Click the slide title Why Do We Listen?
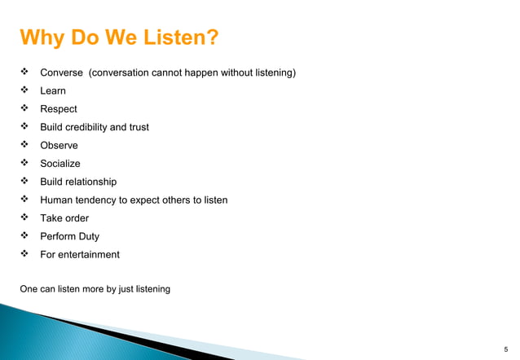tap(119, 38)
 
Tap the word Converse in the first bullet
tap(61, 73)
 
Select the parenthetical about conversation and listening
tap(192, 73)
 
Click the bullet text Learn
tap(53, 91)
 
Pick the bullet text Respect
tap(59, 109)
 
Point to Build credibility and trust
tap(95, 127)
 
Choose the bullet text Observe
tap(59, 145)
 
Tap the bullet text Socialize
tap(60, 164)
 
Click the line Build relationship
tap(78, 182)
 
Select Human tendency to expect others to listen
tap(134, 200)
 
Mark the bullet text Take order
tap(64, 218)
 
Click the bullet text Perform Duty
tap(70, 236)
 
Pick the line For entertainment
tap(80, 254)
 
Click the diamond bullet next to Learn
tap(24, 91)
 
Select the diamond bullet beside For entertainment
tap(24, 254)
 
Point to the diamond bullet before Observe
tap(24, 145)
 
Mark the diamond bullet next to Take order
tap(24, 218)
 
